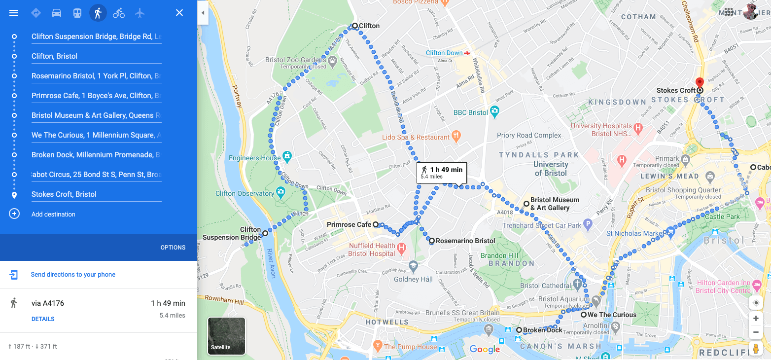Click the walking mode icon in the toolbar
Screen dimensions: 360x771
click(x=98, y=13)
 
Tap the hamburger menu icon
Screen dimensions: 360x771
click(x=14, y=13)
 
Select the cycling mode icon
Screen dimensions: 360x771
click(x=119, y=13)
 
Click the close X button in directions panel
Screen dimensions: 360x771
click(x=179, y=13)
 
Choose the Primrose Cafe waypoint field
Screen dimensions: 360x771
click(x=96, y=96)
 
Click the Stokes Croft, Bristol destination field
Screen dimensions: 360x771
click(x=96, y=194)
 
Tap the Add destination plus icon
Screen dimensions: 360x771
click(x=14, y=214)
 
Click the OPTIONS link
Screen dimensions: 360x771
click(x=173, y=248)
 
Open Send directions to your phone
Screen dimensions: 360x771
click(x=73, y=275)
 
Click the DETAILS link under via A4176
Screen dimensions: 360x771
click(x=43, y=319)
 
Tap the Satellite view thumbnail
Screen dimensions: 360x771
click(x=226, y=336)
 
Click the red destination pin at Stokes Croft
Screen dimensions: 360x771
click(x=700, y=83)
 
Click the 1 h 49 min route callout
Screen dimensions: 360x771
click(x=442, y=172)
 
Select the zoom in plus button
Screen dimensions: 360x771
click(x=756, y=319)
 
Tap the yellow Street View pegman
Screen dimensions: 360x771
click(x=755, y=349)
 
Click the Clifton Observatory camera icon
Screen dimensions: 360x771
click(x=280, y=191)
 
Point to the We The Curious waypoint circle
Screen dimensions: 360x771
click(x=583, y=315)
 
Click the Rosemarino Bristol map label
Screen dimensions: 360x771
click(x=465, y=241)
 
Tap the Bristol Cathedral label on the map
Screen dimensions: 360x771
click(x=545, y=286)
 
